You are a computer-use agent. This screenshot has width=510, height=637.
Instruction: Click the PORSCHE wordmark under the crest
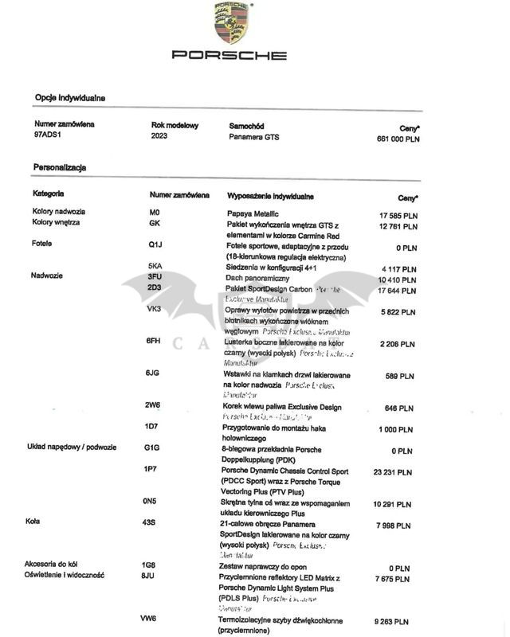tap(229, 56)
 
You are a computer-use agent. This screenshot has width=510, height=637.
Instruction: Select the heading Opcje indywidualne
tap(70, 98)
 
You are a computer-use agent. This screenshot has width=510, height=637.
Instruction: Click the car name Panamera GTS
tap(254, 137)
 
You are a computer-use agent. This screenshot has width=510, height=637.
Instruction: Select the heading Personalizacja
tap(60, 168)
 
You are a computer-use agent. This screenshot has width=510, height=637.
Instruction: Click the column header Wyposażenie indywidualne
tap(271, 195)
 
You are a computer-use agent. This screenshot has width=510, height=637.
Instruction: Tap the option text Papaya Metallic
tap(253, 214)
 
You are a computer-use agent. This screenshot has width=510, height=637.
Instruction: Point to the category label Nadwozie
tap(47, 276)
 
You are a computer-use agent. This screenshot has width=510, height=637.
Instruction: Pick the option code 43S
tap(149, 522)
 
